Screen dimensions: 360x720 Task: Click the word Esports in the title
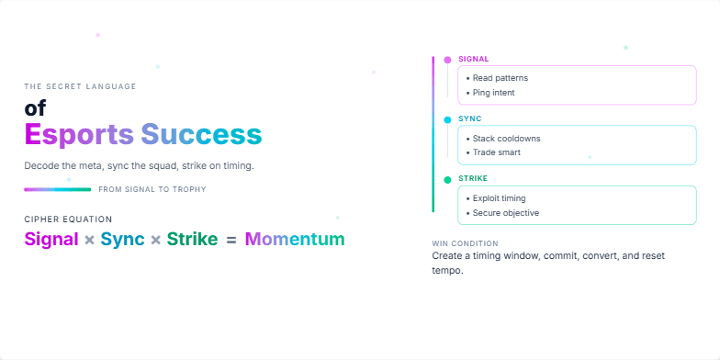click(x=79, y=135)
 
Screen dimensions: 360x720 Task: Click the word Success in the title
click(x=201, y=135)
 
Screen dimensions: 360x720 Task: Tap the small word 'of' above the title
click(x=35, y=108)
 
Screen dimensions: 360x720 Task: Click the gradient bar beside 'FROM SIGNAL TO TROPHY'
click(x=57, y=189)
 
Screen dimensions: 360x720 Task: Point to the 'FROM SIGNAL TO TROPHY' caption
click(x=152, y=189)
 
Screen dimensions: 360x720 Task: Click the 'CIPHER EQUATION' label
click(x=68, y=219)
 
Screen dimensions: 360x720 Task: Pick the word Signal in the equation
click(x=51, y=240)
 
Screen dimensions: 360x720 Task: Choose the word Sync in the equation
click(x=122, y=240)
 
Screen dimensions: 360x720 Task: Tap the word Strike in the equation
click(x=192, y=240)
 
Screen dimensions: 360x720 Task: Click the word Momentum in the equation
click(x=294, y=240)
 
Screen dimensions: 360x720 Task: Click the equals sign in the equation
click(x=231, y=240)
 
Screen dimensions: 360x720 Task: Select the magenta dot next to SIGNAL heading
click(x=447, y=60)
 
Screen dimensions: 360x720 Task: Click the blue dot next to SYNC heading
click(x=447, y=119)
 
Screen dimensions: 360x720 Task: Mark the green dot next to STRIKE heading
click(x=447, y=179)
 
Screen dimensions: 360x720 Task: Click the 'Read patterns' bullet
click(x=500, y=78)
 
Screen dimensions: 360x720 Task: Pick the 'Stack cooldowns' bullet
click(x=506, y=139)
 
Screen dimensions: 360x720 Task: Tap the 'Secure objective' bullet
click(x=505, y=213)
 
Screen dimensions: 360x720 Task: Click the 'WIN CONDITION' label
click(x=465, y=243)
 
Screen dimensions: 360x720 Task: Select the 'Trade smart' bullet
click(x=496, y=152)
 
